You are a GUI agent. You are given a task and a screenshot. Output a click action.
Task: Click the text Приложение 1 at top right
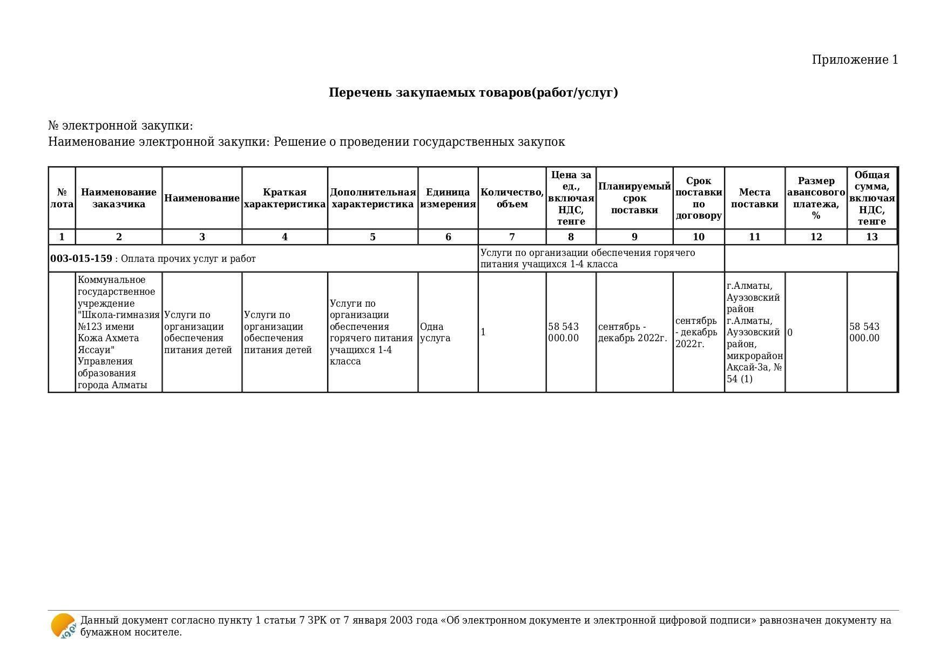point(855,60)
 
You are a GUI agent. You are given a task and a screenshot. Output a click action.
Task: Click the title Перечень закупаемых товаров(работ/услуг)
point(473,93)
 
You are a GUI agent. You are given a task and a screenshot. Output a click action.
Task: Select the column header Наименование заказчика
point(119,198)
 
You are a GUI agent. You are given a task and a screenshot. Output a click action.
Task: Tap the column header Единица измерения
point(448,198)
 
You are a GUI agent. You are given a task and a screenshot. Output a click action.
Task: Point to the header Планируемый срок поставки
point(634,198)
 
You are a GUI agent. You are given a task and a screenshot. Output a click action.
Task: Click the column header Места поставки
point(754,198)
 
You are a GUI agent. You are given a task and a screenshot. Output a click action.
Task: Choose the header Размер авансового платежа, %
point(816,198)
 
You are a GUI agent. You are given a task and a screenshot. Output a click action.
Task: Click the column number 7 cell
point(512,237)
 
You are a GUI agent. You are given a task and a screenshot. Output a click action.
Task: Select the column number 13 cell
point(871,237)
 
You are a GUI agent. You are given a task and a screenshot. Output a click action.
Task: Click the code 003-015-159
point(82,259)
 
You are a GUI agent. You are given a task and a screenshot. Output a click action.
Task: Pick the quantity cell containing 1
point(483,333)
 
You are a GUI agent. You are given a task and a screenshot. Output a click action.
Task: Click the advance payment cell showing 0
point(790,333)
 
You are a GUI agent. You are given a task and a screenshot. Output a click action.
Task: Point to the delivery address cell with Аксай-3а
point(754,333)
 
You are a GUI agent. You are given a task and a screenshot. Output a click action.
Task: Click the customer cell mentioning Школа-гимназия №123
point(119,333)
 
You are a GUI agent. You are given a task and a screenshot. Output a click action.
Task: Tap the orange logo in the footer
point(63,626)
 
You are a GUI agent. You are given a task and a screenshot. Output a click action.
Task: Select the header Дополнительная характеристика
point(373,198)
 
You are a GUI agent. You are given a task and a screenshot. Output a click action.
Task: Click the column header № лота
point(62,198)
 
